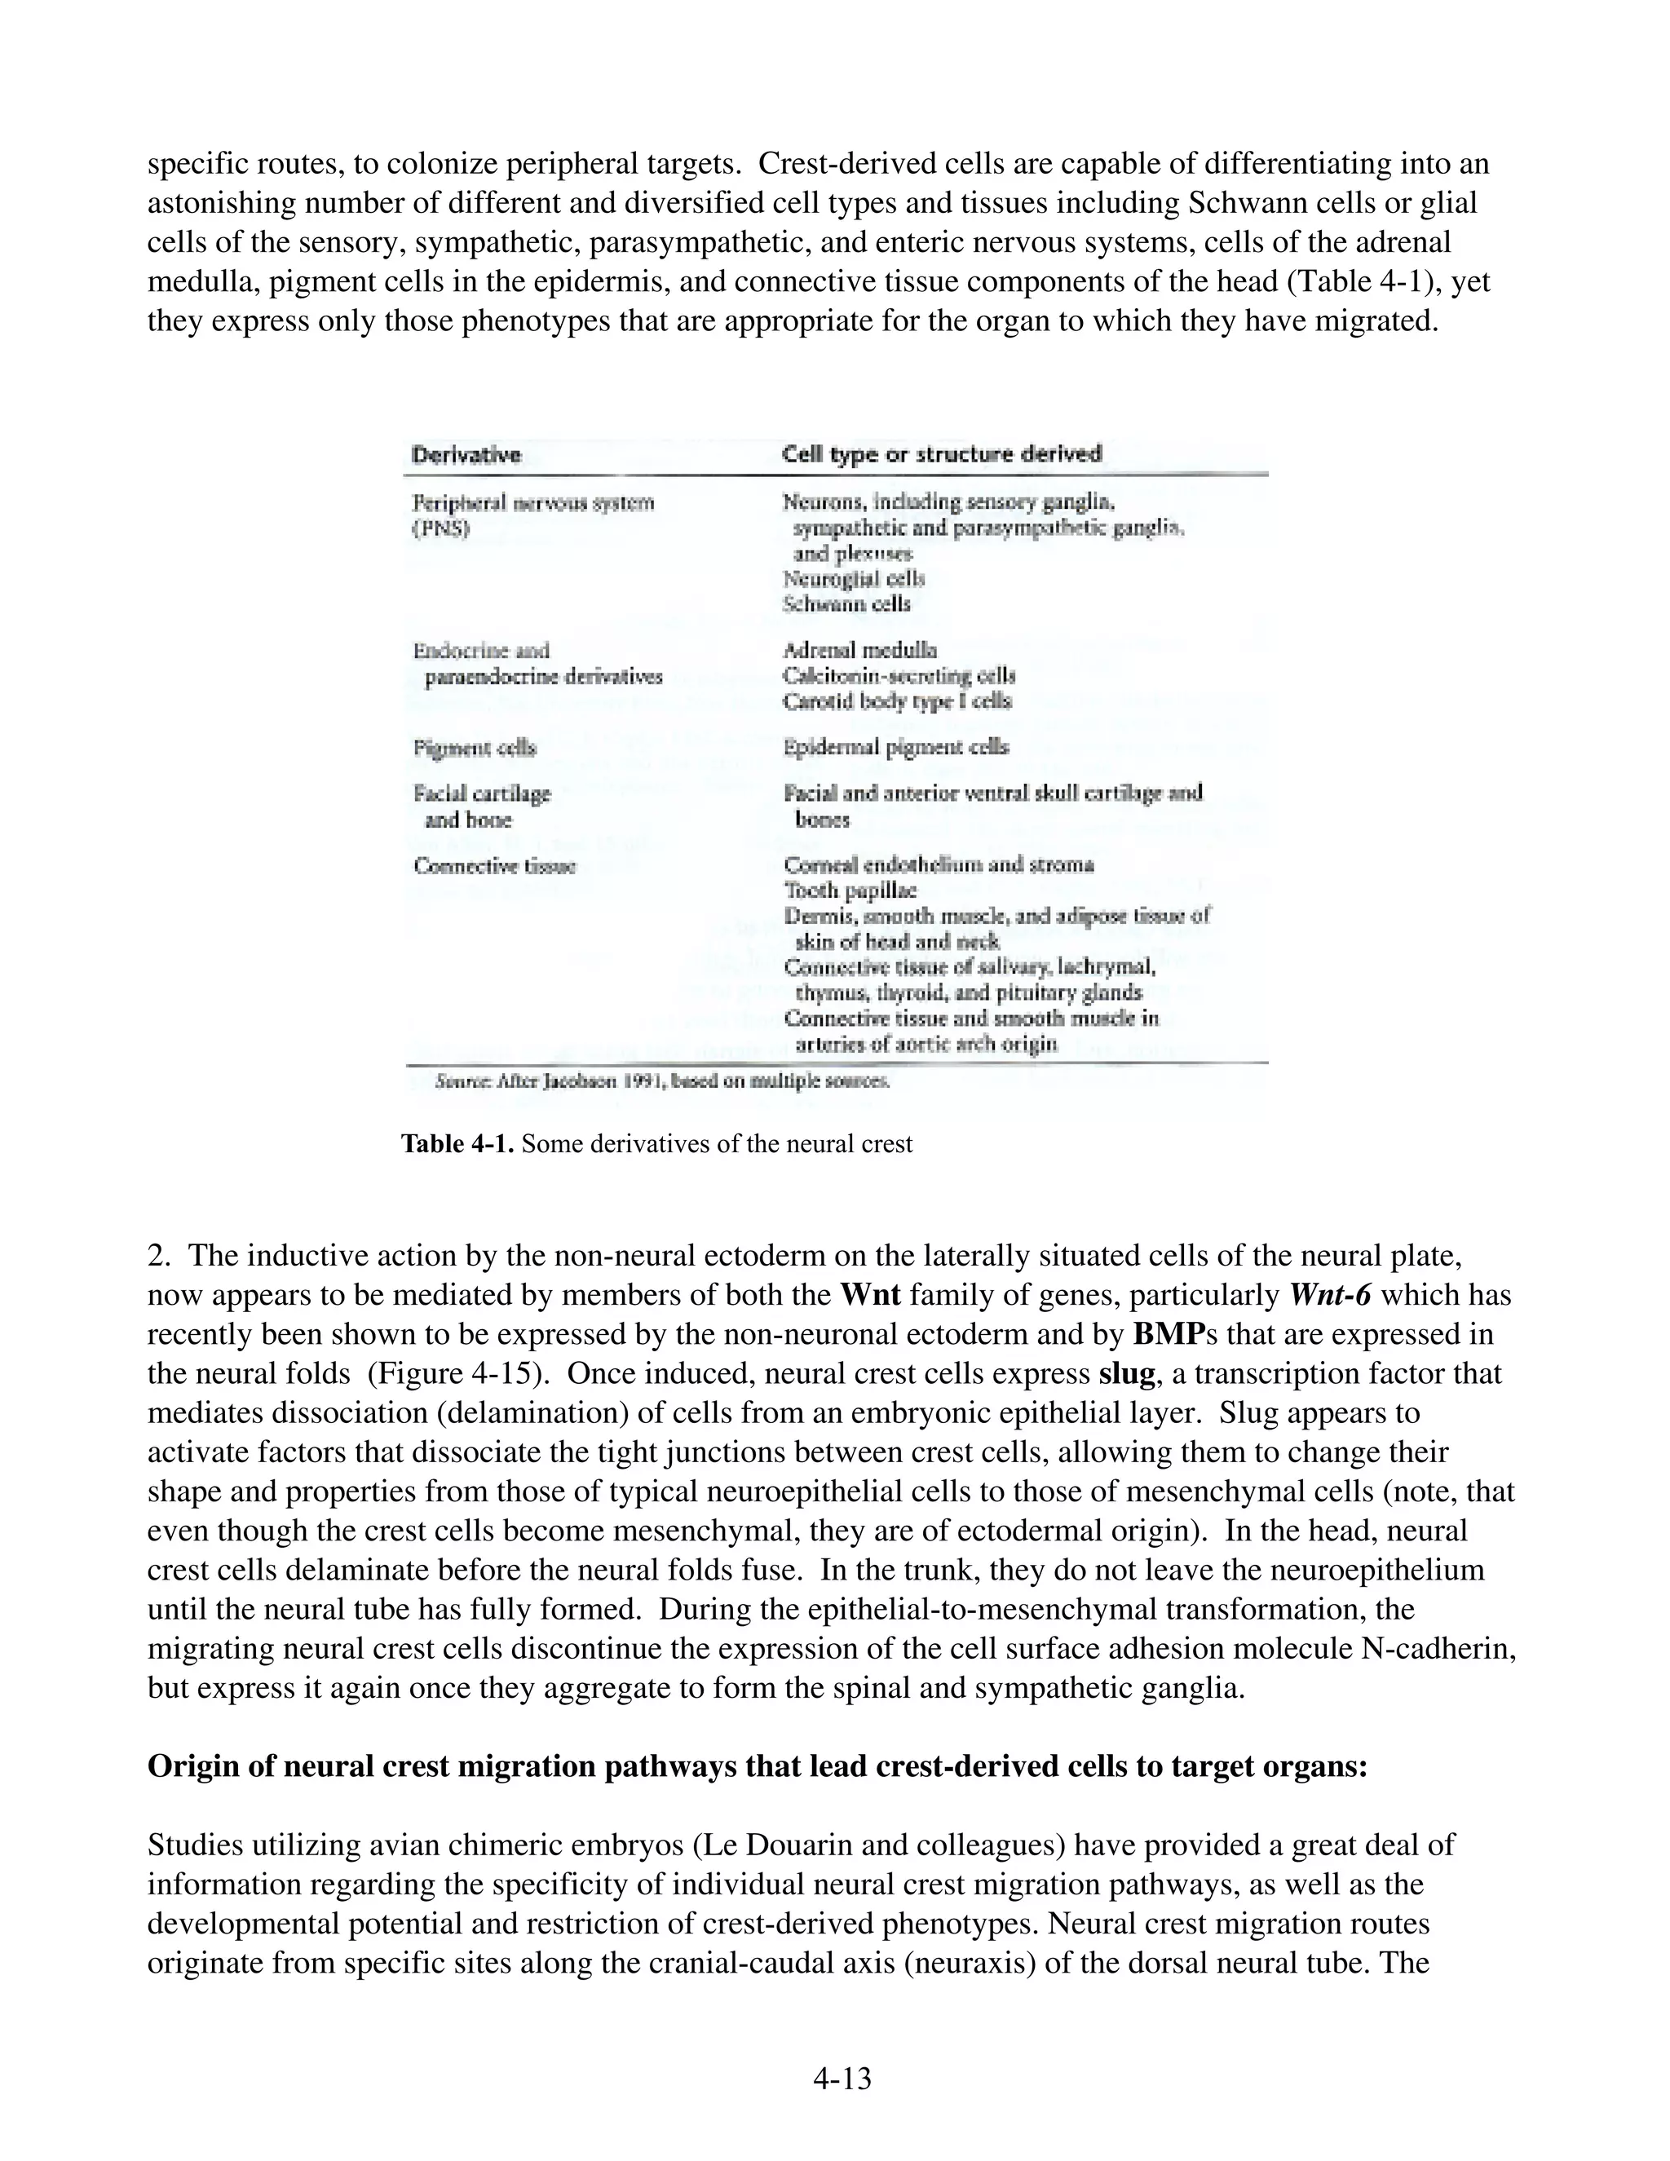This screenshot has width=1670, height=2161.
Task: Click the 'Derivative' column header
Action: [466, 455]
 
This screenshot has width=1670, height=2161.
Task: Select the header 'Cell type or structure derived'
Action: [941, 454]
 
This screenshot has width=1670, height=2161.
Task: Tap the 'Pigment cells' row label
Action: [474, 748]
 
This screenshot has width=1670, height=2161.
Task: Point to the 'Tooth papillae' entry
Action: [850, 890]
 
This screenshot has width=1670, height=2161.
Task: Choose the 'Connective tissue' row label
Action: [495, 866]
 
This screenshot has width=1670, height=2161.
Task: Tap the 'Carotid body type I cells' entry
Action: [897, 701]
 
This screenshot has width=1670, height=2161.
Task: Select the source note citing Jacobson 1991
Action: [662, 1081]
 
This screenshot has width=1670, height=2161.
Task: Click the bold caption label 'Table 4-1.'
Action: [457, 1145]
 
